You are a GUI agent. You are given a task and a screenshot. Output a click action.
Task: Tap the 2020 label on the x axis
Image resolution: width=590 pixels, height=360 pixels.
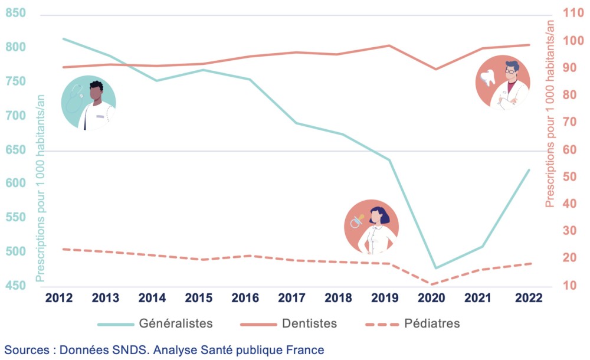[435, 298]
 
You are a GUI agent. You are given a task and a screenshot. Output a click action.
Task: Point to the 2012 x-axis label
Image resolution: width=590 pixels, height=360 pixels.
[63, 298]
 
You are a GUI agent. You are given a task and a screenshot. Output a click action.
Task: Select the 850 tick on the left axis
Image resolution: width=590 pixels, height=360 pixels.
[15, 12]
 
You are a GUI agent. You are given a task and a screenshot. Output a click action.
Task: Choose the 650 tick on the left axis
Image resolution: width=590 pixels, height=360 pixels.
[15, 150]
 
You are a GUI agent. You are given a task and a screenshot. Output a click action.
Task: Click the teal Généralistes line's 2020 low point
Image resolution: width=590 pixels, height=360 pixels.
[436, 268]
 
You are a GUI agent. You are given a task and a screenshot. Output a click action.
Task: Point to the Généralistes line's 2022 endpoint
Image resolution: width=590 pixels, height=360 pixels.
[529, 169]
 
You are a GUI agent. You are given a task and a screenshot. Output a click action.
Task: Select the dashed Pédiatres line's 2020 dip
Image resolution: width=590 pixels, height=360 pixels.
[436, 284]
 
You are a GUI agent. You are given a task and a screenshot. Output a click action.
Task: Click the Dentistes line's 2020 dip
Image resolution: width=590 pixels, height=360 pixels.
[436, 69]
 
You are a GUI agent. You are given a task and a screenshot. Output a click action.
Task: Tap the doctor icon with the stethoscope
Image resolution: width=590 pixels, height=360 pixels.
[88, 103]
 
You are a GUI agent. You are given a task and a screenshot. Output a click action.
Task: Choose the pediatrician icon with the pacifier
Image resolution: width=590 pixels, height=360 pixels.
[371, 227]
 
